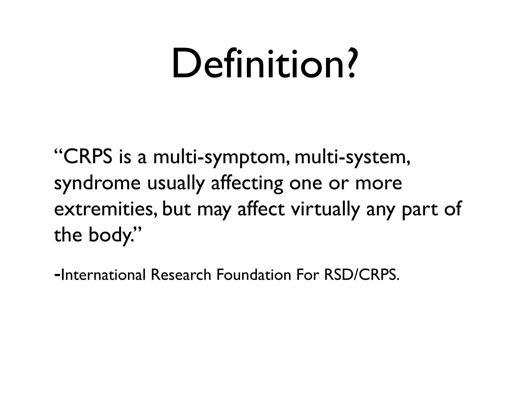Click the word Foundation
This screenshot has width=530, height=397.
(254, 274)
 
